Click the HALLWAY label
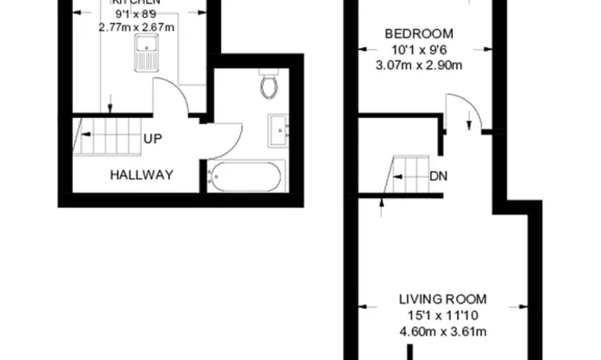(x=141, y=174)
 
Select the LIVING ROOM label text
(x=443, y=298)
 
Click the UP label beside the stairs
(x=153, y=139)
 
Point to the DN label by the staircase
(x=438, y=175)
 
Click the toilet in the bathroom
(x=268, y=85)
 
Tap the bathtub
(x=246, y=175)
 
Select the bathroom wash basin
(x=277, y=129)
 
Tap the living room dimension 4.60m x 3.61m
(x=443, y=331)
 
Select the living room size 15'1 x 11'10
(x=443, y=315)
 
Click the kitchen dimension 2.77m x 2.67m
(x=136, y=27)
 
